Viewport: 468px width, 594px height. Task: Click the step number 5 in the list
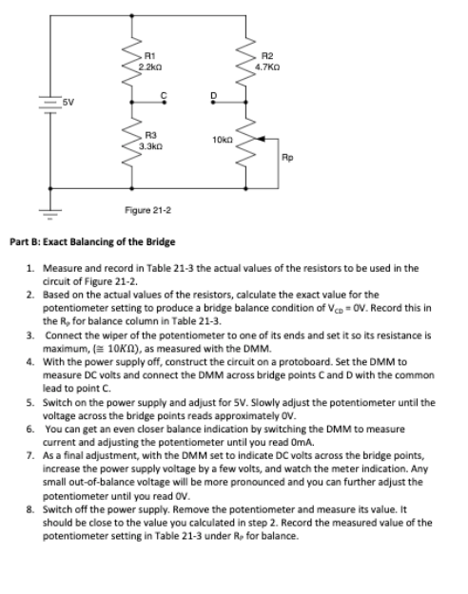(x=30, y=401)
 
